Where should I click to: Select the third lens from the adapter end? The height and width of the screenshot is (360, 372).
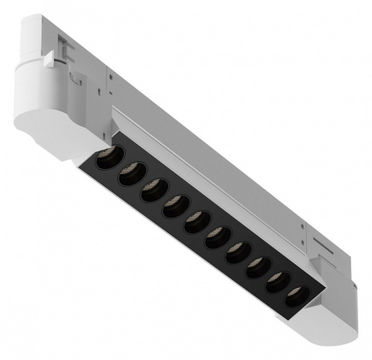152,191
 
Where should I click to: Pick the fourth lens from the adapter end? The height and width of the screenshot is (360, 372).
173,207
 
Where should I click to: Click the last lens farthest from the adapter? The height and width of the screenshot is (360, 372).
293,298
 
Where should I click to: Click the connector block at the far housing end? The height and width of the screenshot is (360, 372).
345,274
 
